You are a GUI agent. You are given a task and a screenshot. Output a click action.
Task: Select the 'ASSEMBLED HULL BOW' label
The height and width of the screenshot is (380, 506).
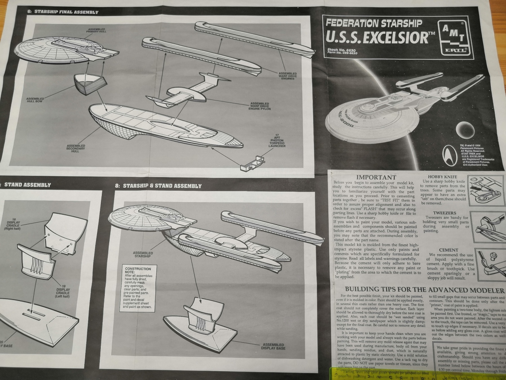35,100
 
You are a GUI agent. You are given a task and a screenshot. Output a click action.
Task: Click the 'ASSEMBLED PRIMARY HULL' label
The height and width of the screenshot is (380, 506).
97,30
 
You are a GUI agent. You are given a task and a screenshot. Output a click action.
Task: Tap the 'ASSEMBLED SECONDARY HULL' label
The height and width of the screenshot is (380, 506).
76,148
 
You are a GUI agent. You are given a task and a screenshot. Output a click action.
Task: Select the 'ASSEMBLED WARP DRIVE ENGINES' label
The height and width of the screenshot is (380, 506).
288,76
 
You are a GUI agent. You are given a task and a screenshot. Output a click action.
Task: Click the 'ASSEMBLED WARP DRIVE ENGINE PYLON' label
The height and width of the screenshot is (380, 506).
259,106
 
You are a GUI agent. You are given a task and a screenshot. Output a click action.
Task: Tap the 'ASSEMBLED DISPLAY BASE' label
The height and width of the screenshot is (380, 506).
273,346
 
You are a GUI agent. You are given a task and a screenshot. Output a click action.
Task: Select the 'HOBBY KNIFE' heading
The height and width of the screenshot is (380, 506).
442,177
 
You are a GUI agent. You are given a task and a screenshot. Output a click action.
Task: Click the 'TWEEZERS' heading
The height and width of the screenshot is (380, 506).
444,213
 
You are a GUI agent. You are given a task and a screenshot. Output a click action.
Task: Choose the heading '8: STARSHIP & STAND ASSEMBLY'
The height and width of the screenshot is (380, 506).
158,186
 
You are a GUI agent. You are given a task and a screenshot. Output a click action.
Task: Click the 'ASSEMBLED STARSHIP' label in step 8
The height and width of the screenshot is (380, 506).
143,254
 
